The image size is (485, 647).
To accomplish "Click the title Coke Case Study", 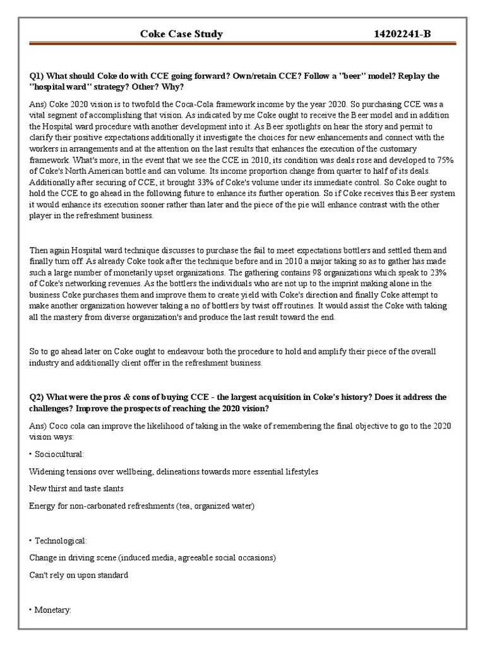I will pyautogui.click(x=181, y=34).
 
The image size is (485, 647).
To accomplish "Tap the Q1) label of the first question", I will pyautogui.click(x=39, y=76).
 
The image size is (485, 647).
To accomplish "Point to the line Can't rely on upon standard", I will pyautogui.click(x=79, y=575).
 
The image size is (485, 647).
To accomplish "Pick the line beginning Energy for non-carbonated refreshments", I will pyautogui.click(x=141, y=505).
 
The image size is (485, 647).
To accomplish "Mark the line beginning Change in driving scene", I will pyautogui.click(x=152, y=558).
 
